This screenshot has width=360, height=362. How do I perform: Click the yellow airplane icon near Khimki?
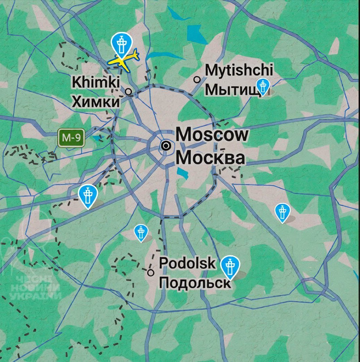124,60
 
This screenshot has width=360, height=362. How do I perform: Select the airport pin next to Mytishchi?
263,86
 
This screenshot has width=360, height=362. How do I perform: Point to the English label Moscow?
212,134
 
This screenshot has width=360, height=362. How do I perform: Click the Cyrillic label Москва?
211,158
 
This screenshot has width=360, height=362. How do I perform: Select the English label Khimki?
96,82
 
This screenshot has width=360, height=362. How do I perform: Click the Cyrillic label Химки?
95,102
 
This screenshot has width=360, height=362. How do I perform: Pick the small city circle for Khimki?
129,92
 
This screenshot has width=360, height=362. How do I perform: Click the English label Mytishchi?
239,70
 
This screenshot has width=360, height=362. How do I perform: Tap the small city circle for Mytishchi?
197,80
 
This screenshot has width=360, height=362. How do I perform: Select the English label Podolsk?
187,263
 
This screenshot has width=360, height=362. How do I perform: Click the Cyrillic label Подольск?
195,283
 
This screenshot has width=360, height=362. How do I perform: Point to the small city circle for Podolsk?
151,272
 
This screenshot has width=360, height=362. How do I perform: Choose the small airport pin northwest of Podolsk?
141,232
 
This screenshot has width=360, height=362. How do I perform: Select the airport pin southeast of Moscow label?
282,212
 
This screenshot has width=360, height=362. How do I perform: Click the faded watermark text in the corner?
35,288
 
